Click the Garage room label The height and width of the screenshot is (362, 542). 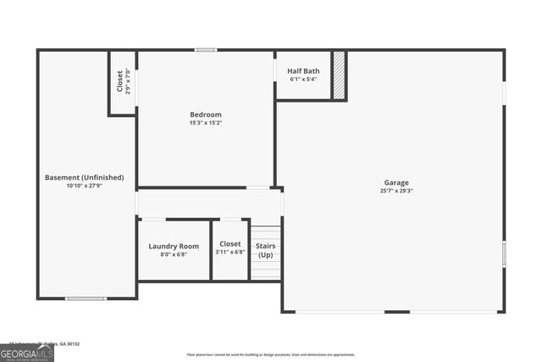(x=396, y=182)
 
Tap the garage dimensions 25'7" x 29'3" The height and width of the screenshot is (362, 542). (x=396, y=191)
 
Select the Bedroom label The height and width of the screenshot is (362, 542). (x=205, y=114)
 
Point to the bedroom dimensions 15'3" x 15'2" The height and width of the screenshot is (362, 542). (x=205, y=123)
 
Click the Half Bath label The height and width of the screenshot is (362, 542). (x=302, y=71)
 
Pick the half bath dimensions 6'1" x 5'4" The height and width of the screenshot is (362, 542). (x=302, y=80)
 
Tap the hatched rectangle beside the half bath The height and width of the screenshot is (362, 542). (x=339, y=76)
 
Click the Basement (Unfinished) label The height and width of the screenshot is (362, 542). (x=84, y=177)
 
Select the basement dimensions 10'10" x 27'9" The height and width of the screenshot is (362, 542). (x=84, y=186)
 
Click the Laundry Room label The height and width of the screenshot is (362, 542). (x=174, y=246)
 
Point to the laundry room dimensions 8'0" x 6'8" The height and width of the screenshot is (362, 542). (x=174, y=254)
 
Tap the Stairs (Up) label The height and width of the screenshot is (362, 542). (x=266, y=250)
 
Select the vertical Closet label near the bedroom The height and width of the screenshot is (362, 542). (x=119, y=81)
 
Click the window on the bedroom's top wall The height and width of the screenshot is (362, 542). (x=206, y=50)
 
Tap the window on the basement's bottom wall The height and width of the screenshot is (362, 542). (x=86, y=298)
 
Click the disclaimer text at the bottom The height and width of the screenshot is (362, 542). (x=271, y=354)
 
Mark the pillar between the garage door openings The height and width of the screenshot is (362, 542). (x=396, y=312)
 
